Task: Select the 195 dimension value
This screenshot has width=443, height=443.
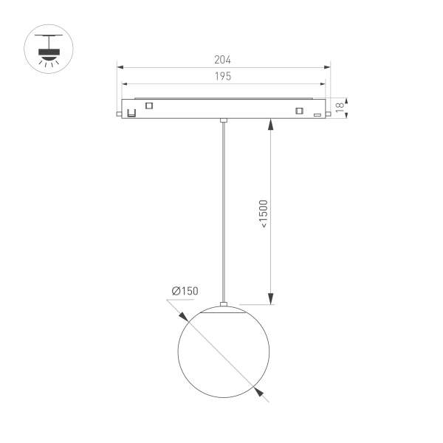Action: [x=223, y=77]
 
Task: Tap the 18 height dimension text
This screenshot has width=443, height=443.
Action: [x=340, y=107]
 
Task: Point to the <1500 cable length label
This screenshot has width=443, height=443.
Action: [x=264, y=214]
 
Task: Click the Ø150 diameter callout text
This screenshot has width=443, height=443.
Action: [x=185, y=292]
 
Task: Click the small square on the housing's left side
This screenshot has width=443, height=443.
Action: [x=150, y=105]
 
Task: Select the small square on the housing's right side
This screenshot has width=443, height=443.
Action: [x=298, y=111]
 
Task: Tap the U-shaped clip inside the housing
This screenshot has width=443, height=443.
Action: [x=131, y=112]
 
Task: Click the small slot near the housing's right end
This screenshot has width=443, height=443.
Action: [x=317, y=114]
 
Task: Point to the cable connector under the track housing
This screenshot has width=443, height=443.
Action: [x=223, y=120]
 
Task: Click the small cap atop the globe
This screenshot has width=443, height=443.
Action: [x=223, y=304]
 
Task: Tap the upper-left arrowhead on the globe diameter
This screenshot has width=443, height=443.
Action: [x=182, y=312]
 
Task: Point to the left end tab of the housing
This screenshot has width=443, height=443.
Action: [x=119, y=114]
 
